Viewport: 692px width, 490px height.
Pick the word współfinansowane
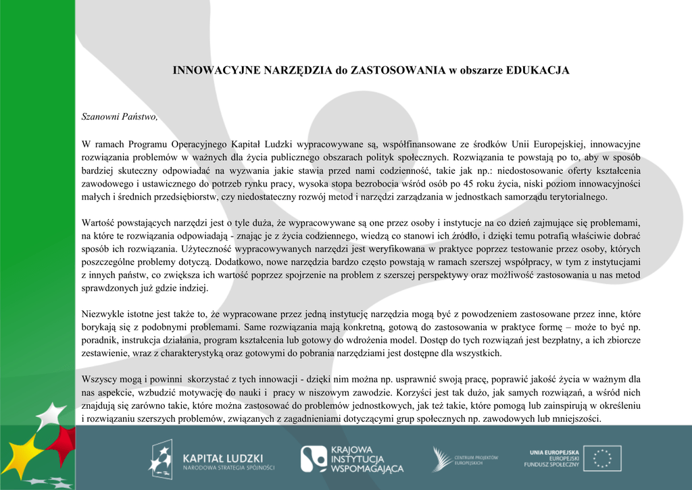click(420, 144)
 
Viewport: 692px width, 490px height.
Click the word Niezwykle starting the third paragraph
click(103, 314)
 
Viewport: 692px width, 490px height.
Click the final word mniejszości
click(576, 419)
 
